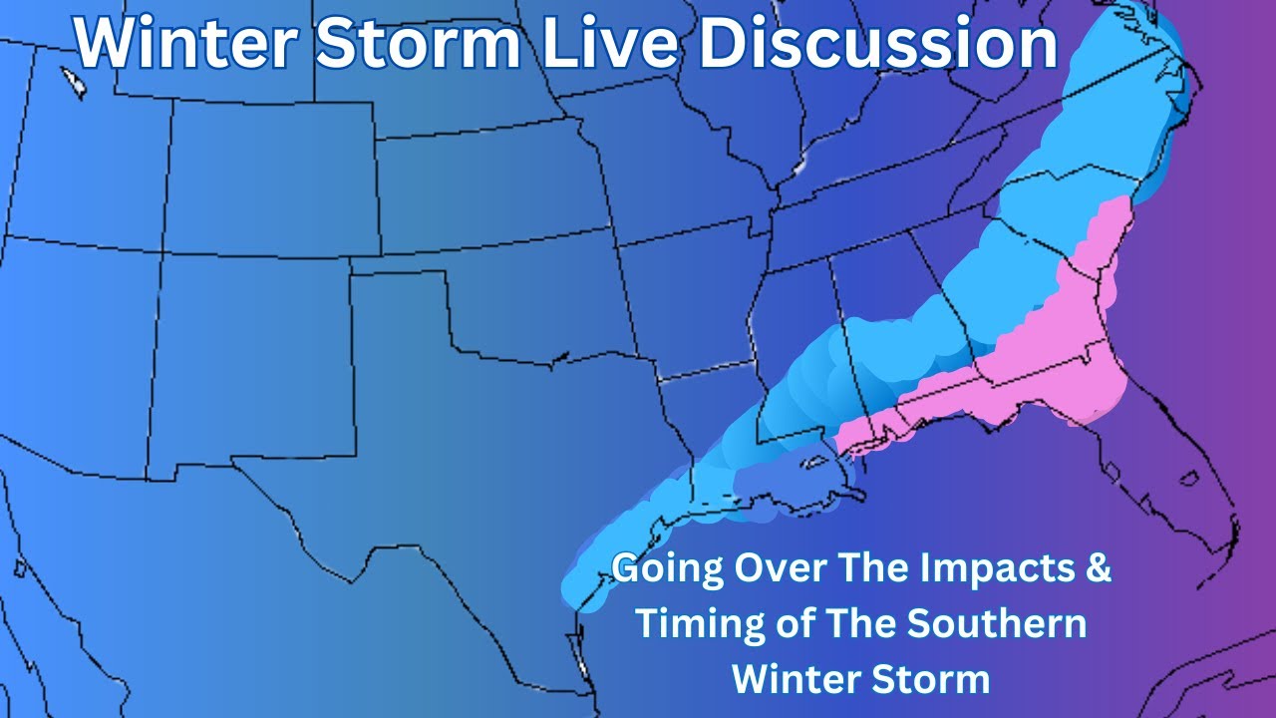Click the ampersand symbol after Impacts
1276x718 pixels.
[1097, 569]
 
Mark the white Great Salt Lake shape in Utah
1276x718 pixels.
[73, 82]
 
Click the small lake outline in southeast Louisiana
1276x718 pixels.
[814, 463]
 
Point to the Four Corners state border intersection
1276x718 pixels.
[162, 252]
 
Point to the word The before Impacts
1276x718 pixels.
[874, 569]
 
